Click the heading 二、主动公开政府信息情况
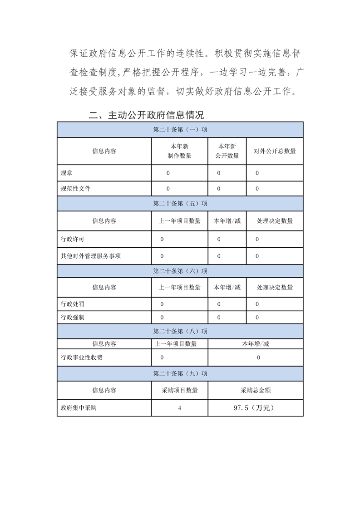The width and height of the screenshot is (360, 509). click(x=146, y=115)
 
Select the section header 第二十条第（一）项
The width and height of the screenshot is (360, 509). click(x=180, y=130)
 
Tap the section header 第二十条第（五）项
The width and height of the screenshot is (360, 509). click(x=180, y=204)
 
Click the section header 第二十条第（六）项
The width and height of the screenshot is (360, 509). click(x=180, y=271)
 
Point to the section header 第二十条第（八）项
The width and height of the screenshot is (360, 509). click(x=180, y=331)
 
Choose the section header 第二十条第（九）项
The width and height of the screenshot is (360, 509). click(x=180, y=374)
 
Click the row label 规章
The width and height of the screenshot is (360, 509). click(x=66, y=173)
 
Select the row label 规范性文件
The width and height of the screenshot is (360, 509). click(x=75, y=188)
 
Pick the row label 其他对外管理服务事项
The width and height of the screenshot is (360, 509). click(x=91, y=256)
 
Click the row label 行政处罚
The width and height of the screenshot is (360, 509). click(x=72, y=303)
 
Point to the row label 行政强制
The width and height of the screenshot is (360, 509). click(x=72, y=318)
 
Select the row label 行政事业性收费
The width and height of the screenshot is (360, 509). click(x=82, y=357)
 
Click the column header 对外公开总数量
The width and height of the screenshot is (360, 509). click(x=275, y=151)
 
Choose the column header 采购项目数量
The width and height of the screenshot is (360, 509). click(x=180, y=390)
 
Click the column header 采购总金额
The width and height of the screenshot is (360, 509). click(x=256, y=390)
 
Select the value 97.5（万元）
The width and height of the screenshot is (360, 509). click(x=256, y=408)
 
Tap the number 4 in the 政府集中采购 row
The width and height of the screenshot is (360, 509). click(x=180, y=408)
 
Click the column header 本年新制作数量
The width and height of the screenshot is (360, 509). click(x=180, y=151)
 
